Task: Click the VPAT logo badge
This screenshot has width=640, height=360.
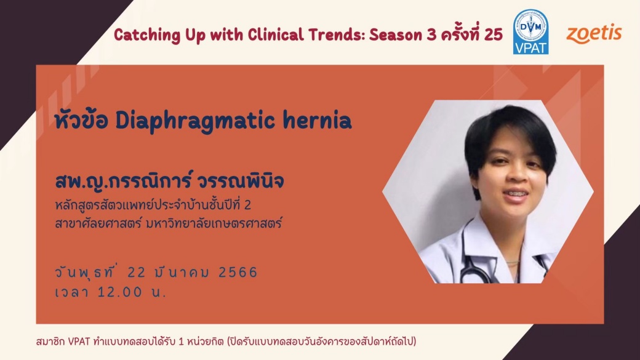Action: pyautogui.click(x=530, y=32)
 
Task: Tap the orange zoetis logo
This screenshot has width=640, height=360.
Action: pyautogui.click(x=594, y=34)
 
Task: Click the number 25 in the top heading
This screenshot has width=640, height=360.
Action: pyautogui.click(x=494, y=35)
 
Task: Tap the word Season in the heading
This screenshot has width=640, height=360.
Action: pyautogui.click(x=396, y=35)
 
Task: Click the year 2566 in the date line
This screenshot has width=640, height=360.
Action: pyautogui.click(x=238, y=272)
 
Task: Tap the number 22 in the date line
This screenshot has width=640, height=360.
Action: pyautogui.click(x=137, y=272)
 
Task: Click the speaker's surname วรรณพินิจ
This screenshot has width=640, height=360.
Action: pyautogui.click(x=240, y=181)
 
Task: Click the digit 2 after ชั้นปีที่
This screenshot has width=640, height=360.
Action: pyautogui.click(x=247, y=204)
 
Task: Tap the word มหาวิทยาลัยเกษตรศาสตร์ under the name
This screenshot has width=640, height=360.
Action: pyautogui.click(x=214, y=223)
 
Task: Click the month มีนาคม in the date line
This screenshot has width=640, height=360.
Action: pyautogui.click(x=182, y=272)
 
